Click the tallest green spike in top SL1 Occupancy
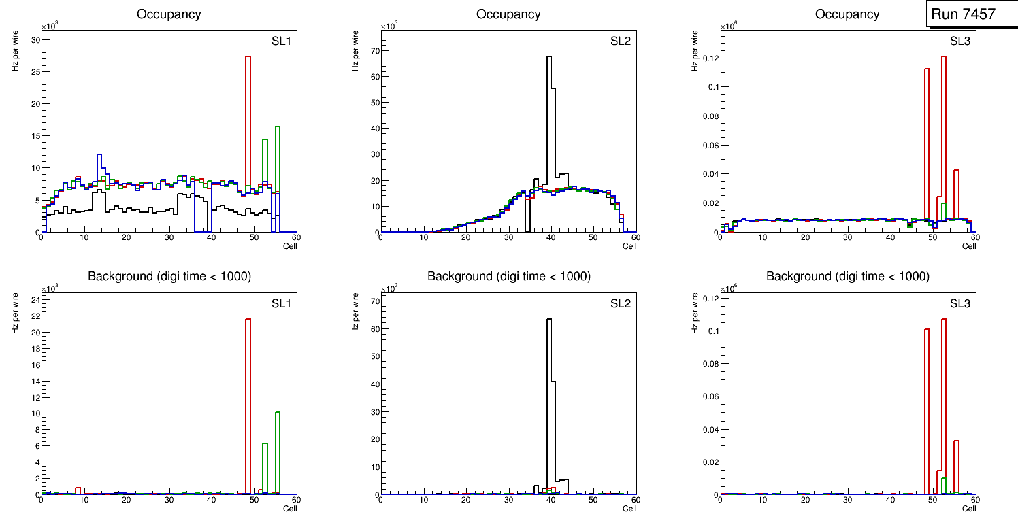pos(278,163)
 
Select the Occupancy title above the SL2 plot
pos(508,14)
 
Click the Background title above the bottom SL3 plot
pos(847,276)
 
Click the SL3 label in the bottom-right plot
pos(959,303)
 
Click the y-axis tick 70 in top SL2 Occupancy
pos(373,50)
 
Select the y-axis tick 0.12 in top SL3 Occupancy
pos(709,58)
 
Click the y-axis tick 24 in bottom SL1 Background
pos(34,300)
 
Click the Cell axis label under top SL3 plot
pos(968,246)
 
